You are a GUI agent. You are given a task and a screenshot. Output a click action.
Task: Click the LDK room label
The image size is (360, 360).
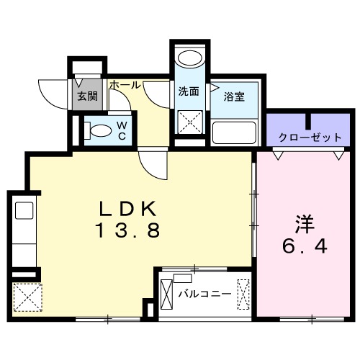click(128, 208)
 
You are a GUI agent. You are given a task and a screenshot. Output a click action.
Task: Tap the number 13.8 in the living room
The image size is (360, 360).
click(128, 230)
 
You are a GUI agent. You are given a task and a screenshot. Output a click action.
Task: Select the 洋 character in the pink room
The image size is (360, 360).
click(305, 225)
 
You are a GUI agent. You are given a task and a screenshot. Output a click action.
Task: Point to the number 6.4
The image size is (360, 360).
click(305, 246)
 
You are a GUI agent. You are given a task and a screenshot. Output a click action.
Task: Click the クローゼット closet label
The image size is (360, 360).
click(310, 138)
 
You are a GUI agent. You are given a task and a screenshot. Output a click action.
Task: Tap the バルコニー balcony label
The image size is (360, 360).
click(204, 294)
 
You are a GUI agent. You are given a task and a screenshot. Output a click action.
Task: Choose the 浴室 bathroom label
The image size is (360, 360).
click(234, 96)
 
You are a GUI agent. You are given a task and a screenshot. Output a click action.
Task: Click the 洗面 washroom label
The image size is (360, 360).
click(189, 91)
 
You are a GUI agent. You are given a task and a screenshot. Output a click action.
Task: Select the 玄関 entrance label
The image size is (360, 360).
click(87, 96)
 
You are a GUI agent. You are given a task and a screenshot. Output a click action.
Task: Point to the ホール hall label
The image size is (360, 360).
click(125, 85)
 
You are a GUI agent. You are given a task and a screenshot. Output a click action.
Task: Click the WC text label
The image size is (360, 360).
click(122, 131)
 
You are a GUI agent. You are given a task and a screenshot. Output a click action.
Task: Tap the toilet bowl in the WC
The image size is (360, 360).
click(101, 131)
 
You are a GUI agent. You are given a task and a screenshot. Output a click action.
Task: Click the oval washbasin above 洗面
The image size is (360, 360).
click(189, 58)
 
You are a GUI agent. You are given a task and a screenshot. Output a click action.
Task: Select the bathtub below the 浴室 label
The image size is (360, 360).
click(234, 132)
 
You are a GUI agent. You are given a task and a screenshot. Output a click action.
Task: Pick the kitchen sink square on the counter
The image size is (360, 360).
click(24, 210)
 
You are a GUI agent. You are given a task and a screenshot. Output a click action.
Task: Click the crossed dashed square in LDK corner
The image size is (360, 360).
click(27, 297)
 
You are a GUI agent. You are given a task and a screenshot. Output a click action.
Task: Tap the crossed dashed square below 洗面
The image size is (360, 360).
click(190, 122)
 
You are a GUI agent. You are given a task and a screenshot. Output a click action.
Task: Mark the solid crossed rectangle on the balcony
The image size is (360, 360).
click(166, 294)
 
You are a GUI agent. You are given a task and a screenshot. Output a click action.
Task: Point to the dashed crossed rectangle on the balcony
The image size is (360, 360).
click(243, 294)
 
